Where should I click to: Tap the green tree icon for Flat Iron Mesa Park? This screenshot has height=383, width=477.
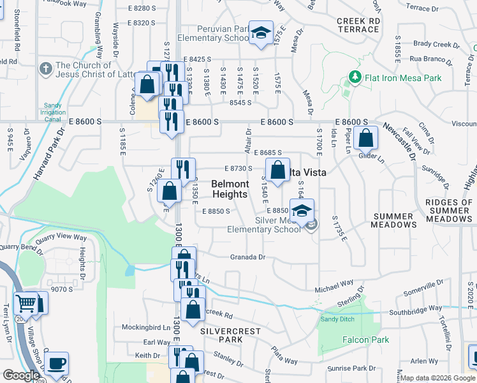(x=355, y=78)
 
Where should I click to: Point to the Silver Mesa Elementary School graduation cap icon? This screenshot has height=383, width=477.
(x=302, y=209)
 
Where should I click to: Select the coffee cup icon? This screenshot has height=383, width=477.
(x=56, y=363)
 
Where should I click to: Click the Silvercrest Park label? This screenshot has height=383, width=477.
(x=221, y=336)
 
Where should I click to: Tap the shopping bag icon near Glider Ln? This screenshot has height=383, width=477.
(x=365, y=137)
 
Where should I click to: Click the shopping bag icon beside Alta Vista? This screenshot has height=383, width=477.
(x=277, y=170)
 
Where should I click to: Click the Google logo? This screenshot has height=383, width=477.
(x=21, y=376)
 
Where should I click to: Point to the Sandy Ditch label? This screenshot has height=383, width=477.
(x=337, y=319)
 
